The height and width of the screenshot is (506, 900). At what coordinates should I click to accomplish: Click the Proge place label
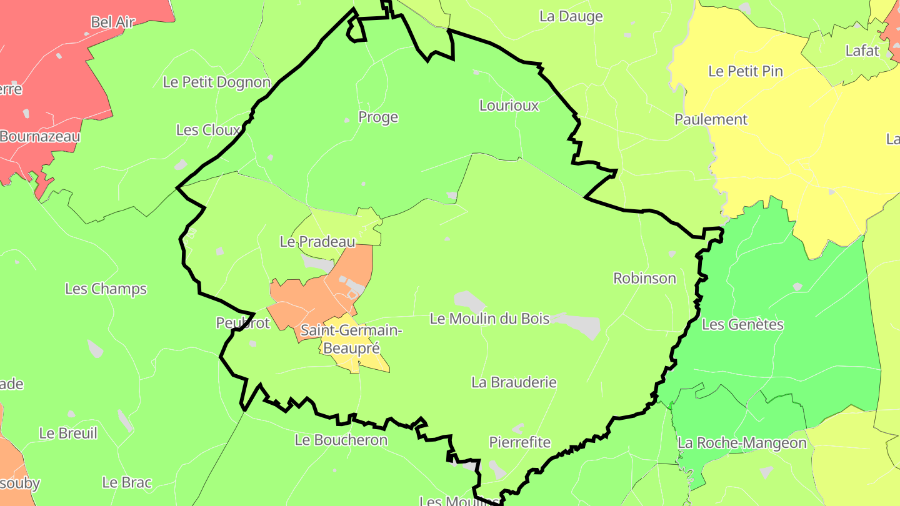click(378, 117)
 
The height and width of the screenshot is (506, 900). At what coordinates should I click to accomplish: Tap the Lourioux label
click(509, 106)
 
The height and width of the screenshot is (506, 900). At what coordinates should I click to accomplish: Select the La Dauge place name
click(571, 17)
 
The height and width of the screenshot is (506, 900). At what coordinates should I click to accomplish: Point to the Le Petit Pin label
click(746, 71)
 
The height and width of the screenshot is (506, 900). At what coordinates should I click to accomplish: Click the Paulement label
click(711, 119)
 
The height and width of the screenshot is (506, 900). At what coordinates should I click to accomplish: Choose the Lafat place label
click(862, 51)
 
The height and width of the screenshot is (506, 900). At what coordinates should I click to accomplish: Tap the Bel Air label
click(113, 22)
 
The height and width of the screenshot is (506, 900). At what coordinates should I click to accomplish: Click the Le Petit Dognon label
click(216, 82)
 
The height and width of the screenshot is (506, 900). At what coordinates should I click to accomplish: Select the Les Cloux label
click(208, 130)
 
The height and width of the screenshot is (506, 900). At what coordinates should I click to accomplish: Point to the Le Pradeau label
click(317, 242)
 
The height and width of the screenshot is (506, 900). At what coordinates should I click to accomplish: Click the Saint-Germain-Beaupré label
click(351, 339)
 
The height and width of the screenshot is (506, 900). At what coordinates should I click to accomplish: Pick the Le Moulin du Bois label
click(489, 319)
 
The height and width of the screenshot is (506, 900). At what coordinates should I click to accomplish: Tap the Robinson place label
click(644, 279)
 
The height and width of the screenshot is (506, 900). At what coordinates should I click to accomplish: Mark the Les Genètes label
click(742, 324)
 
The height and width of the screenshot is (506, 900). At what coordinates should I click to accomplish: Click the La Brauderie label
click(514, 382)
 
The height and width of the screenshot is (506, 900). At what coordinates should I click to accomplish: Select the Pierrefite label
click(520, 443)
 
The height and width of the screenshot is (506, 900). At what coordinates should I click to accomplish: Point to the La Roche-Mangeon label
click(742, 444)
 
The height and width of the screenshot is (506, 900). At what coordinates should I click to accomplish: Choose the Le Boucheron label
click(341, 440)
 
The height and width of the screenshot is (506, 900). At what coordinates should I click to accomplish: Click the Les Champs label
click(106, 289)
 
